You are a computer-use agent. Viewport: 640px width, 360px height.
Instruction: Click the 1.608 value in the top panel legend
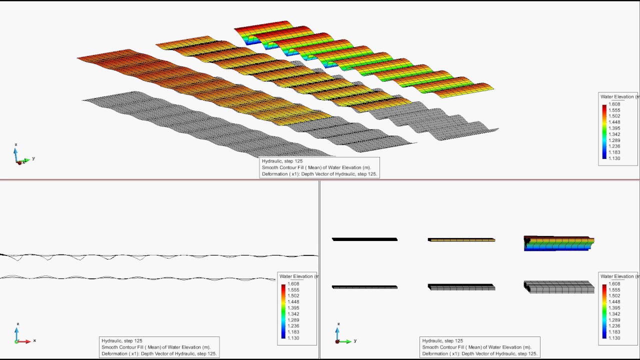coord(614,104)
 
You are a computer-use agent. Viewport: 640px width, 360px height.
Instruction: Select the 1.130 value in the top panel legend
coord(614,158)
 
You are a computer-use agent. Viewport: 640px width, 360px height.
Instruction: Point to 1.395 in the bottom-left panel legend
coord(293,307)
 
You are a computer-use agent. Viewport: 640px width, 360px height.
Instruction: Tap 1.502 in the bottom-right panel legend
coord(614,295)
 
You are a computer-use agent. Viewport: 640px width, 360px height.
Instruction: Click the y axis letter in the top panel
coord(33,158)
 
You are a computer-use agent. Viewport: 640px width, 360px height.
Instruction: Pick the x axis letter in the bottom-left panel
coord(34,340)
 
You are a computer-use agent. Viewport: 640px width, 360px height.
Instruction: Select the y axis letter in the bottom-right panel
coord(355,340)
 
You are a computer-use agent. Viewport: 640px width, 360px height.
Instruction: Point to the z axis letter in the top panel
coord(16,144)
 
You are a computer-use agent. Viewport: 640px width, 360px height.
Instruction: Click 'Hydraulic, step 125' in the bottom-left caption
coord(122,340)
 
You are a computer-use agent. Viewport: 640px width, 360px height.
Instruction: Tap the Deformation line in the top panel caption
coord(319,174)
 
